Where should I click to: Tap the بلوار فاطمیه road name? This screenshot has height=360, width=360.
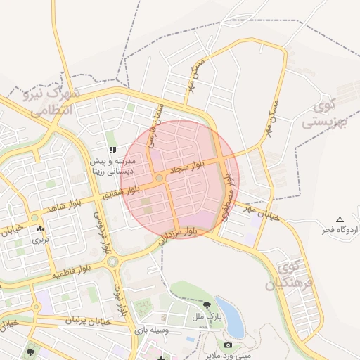pyautogui.click(x=74, y=269)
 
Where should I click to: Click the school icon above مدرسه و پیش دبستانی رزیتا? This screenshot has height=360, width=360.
pyautogui.click(x=112, y=150)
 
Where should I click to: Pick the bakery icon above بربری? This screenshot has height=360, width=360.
pyautogui.click(x=39, y=229)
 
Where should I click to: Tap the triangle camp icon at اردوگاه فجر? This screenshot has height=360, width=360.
pyautogui.click(x=340, y=219)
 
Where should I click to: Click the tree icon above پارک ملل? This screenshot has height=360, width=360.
pyautogui.click(x=208, y=305)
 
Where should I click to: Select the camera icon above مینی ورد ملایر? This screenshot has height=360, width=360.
pyautogui.click(x=228, y=345)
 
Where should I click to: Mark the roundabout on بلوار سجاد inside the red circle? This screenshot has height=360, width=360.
pyautogui.click(x=160, y=179)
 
